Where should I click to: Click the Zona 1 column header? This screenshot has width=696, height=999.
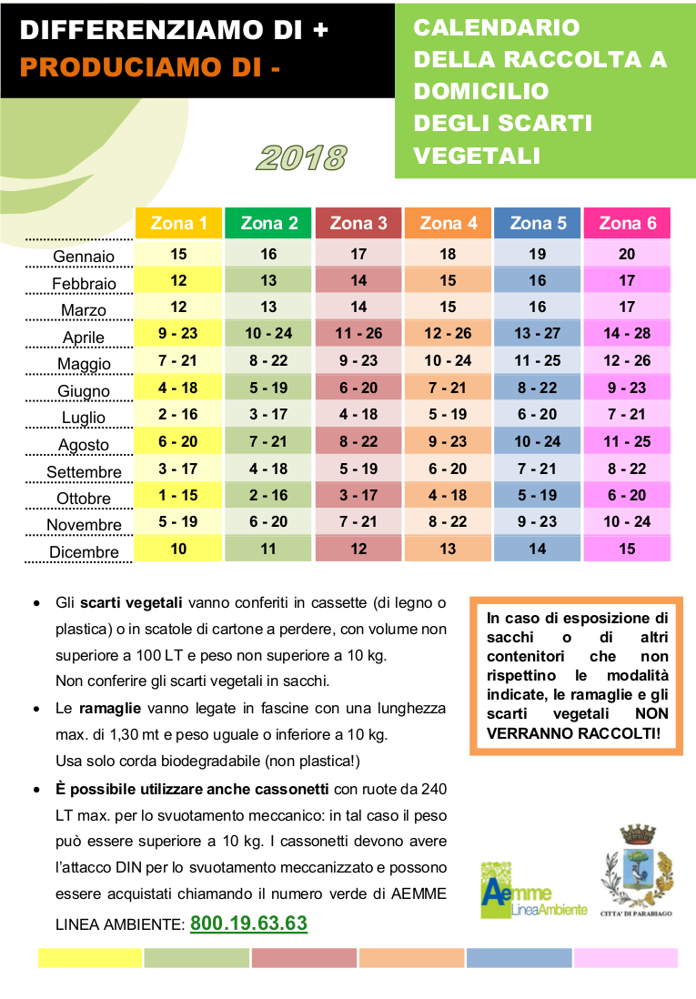tap(178, 223)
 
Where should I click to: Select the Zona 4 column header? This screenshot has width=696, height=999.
tap(448, 223)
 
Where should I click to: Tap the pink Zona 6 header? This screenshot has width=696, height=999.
tap(627, 223)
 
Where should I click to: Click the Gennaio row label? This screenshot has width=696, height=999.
tap(84, 257)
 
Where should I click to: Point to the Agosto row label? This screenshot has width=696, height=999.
tap(84, 445)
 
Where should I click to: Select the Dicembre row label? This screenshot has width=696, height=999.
tap(84, 551)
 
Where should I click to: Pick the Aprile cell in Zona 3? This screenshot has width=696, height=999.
tap(358, 333)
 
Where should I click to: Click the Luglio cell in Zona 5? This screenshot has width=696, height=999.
tap(538, 414)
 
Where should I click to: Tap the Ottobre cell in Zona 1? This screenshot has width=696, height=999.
tap(178, 495)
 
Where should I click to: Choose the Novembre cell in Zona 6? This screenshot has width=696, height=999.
tap(627, 522)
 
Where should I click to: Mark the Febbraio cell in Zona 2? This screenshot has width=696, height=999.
tap(268, 280)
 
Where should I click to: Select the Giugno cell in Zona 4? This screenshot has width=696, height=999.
tap(448, 388)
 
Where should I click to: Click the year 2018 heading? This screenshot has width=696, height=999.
tap(301, 158)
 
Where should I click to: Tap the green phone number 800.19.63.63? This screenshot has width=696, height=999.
tap(248, 923)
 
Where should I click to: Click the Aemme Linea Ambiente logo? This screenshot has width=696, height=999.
tap(533, 890)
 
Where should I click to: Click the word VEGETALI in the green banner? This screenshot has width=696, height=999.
tap(477, 156)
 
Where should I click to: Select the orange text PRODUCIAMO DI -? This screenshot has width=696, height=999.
tap(150, 67)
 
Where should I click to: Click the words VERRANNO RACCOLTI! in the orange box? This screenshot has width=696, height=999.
tap(573, 733)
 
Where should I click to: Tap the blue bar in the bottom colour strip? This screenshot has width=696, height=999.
tap(519, 958)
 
